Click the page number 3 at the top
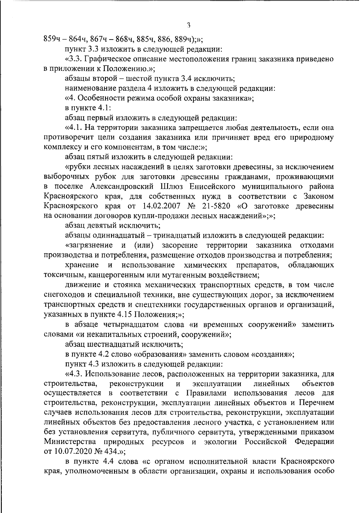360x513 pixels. point(188,25)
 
